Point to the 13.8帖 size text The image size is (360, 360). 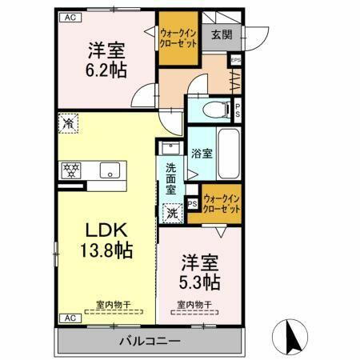[106, 248]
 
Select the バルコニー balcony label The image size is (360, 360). [150, 340]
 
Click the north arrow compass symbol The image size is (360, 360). [291, 336]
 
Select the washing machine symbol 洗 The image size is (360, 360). [171, 214]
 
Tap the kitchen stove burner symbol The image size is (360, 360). [70, 169]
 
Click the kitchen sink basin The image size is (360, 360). [109, 169]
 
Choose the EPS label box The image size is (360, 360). [235, 59]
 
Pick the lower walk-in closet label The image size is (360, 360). [221, 204]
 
